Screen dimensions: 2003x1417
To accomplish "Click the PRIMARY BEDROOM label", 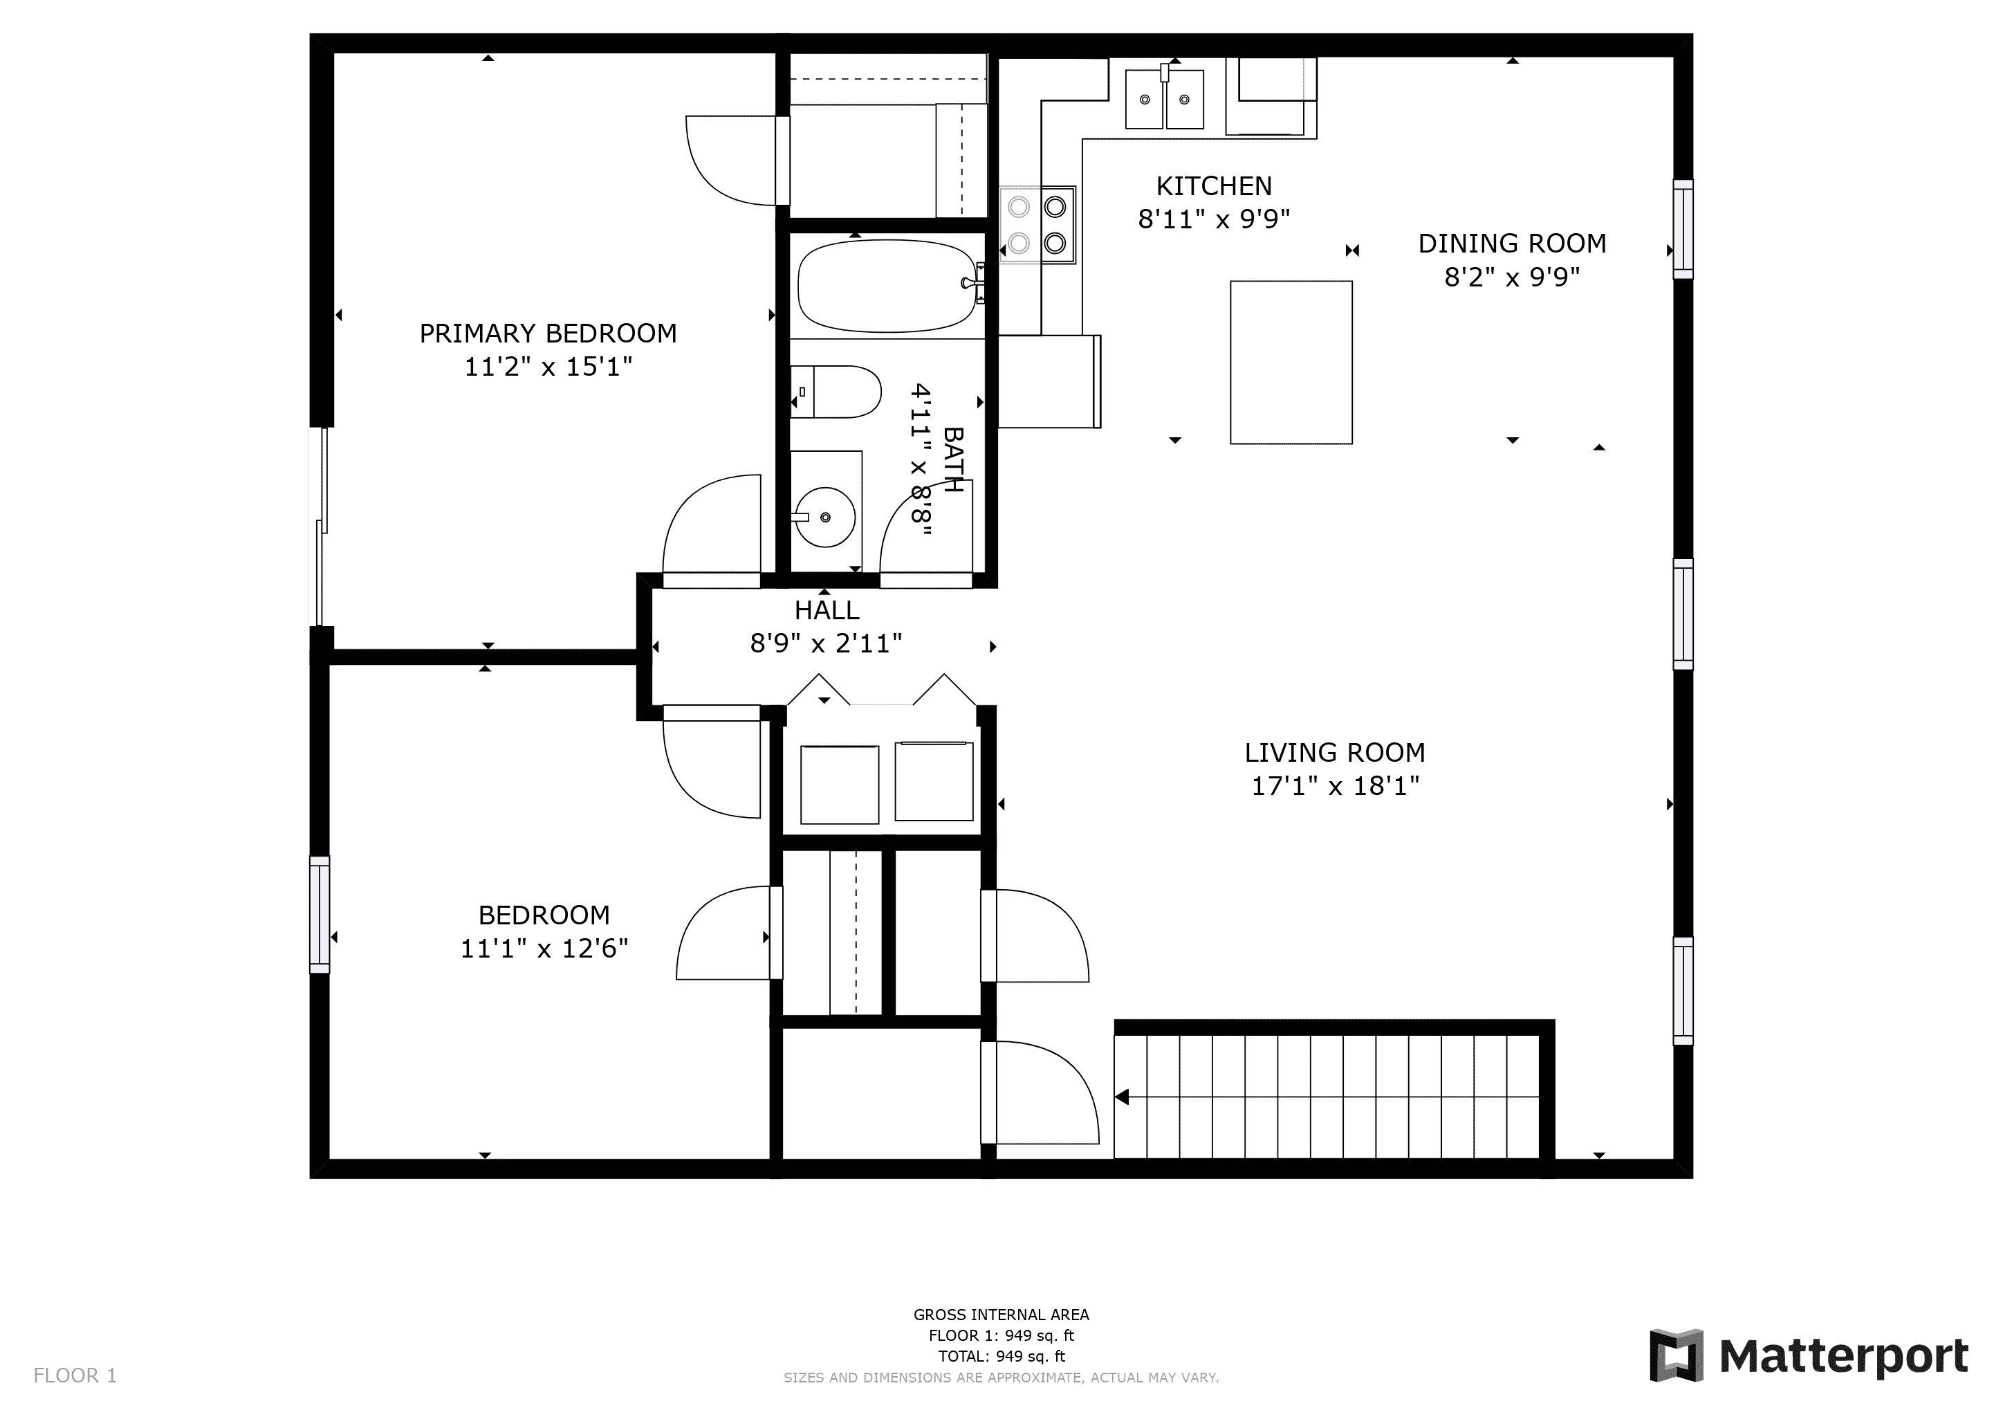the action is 548,333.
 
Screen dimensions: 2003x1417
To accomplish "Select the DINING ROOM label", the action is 1512,244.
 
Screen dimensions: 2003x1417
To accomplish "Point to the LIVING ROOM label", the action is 1335,752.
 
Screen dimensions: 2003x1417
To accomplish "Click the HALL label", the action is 826,610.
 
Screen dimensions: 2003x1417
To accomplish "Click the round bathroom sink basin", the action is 825,518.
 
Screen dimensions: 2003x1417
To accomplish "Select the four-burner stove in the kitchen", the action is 1037,225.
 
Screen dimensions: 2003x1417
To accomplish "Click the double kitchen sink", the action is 1165,99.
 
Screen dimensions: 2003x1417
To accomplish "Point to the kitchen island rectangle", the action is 1291,362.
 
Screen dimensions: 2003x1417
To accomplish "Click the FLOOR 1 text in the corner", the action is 75,1376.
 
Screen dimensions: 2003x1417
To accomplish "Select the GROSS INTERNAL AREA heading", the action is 1001,1315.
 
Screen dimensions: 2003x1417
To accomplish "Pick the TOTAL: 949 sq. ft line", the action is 1001,1357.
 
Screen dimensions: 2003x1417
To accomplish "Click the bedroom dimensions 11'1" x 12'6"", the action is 544,949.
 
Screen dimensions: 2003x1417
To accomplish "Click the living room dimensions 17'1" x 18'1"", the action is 1336,786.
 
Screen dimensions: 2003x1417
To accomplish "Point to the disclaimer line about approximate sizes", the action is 1001,1378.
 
